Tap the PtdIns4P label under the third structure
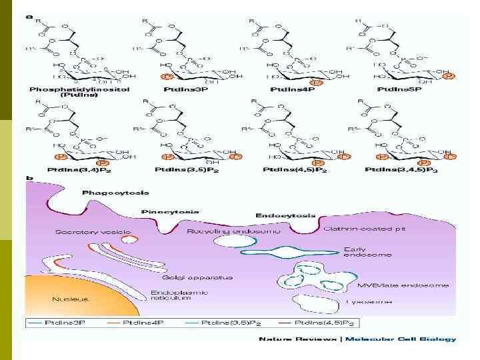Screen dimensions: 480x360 292,89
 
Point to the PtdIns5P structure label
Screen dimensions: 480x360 399,89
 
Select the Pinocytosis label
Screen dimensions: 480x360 170,211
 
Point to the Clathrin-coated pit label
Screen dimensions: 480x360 365,229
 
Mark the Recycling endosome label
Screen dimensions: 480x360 234,231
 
